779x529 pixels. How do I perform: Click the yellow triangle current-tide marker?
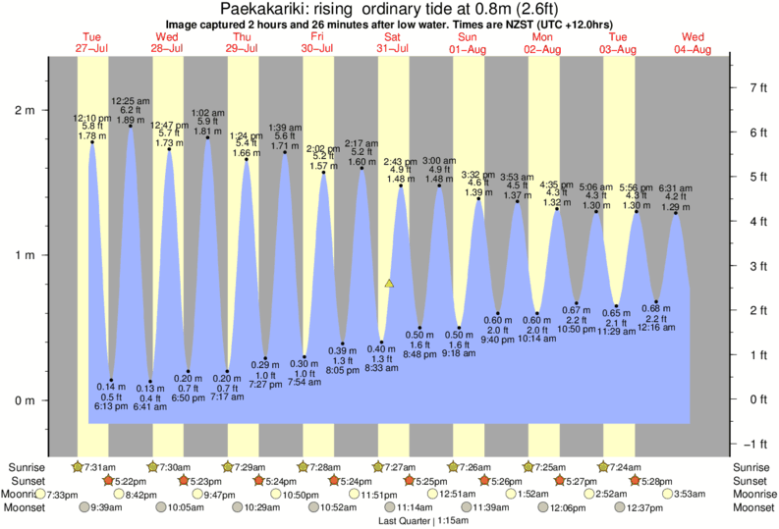(390, 284)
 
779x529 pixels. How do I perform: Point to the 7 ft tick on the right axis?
(757, 88)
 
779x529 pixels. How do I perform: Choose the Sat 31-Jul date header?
(391, 42)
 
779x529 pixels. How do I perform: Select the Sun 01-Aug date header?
(467, 42)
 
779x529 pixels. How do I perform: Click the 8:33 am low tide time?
(380, 368)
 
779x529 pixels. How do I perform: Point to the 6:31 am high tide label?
(675, 187)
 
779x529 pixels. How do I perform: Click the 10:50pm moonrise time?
(300, 495)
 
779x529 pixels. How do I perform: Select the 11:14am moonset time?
(417, 507)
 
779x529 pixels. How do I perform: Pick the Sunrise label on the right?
(752, 466)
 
